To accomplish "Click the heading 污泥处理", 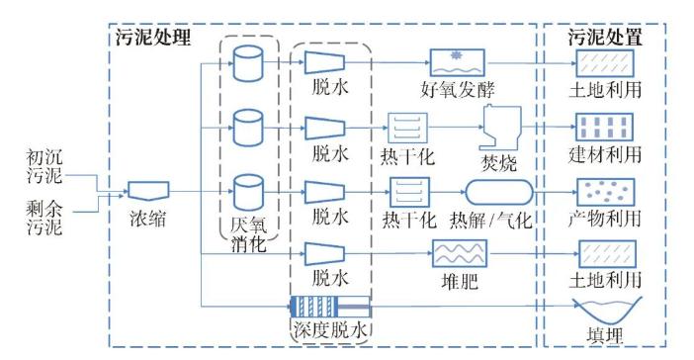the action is [x=153, y=38].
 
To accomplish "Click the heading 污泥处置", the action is [x=605, y=38].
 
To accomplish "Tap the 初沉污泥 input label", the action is [x=44, y=166].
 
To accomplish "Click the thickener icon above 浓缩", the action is [x=148, y=191].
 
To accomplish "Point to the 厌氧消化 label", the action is [x=249, y=234].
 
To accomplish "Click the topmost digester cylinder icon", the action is [x=248, y=63].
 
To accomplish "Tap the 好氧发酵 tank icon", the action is [x=458, y=63].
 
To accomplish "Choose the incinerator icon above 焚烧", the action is [x=500, y=128].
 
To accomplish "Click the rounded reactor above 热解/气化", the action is [x=499, y=192].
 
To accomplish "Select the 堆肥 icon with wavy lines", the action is [x=460, y=254].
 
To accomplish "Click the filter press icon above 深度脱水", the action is [x=330, y=306].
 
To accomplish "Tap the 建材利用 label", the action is [x=605, y=154].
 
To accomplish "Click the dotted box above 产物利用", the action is [x=605, y=192].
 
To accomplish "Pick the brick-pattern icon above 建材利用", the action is [x=604, y=127].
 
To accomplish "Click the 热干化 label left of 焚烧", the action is [x=407, y=156].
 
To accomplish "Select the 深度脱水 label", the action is [x=330, y=330].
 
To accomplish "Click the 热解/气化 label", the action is [x=491, y=220].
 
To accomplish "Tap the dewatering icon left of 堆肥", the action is [x=325, y=254].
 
